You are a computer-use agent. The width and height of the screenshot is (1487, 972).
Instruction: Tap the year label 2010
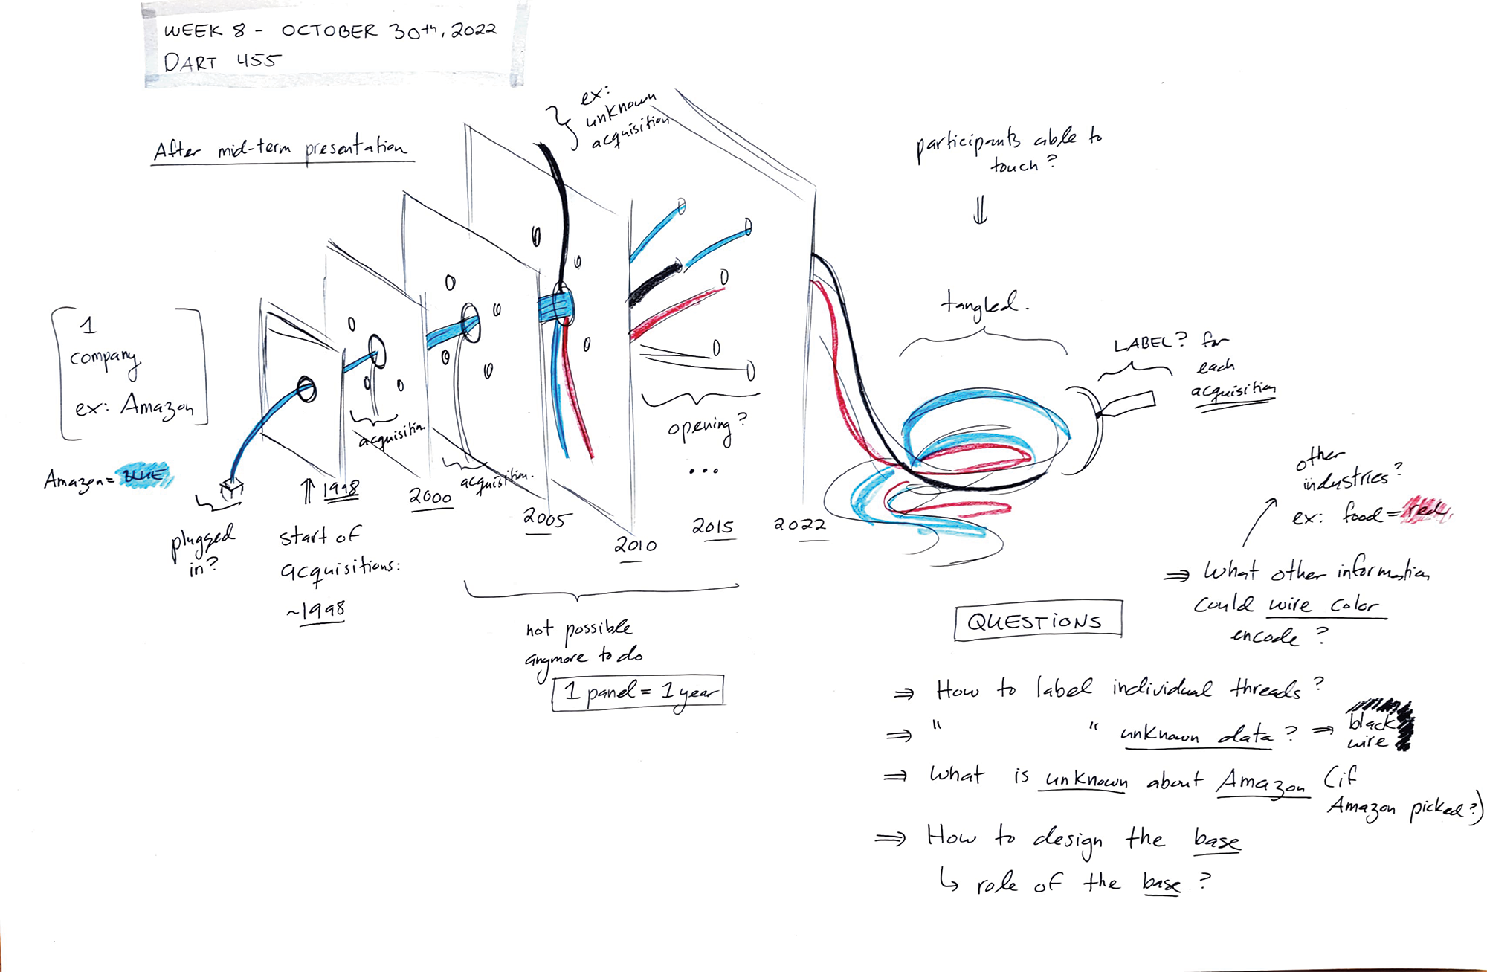[x=635, y=545]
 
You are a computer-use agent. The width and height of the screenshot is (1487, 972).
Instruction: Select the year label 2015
[x=713, y=527]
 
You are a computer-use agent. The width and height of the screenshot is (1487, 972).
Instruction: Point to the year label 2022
[x=800, y=524]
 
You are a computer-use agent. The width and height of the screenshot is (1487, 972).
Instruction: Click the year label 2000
[x=430, y=496]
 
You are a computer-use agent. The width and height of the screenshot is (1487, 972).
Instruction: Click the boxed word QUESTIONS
[x=1036, y=620]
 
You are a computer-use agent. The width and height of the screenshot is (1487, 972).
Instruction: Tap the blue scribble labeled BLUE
[x=145, y=475]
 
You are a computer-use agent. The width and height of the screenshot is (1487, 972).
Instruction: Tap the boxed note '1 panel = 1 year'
[x=638, y=692]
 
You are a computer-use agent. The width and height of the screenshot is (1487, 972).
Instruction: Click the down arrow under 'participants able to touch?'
[x=980, y=209]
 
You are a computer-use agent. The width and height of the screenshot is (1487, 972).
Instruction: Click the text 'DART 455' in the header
[x=222, y=61]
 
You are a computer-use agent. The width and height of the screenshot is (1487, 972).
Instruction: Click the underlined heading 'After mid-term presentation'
[x=281, y=148]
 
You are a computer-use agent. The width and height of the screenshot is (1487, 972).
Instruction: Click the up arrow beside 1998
[x=308, y=490]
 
